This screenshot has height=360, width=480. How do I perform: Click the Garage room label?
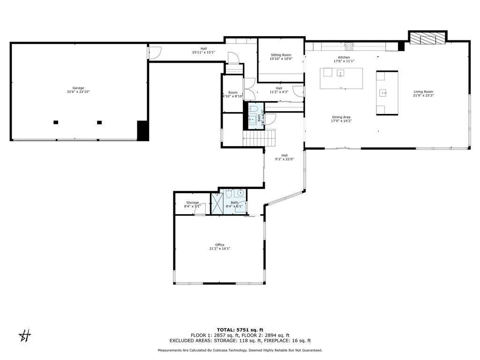(x=78, y=88)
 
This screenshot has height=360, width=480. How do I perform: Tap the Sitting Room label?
(x=281, y=55)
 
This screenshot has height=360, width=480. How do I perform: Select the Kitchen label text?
(x=345, y=57)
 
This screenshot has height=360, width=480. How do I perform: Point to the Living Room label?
(x=423, y=92)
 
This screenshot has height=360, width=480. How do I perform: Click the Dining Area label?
(x=341, y=117)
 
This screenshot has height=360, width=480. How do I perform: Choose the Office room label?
(x=219, y=245)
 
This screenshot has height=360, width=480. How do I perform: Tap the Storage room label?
(x=192, y=202)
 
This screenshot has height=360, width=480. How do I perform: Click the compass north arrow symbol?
(x=24, y=335)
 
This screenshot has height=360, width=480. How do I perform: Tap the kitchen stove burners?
(x=349, y=46)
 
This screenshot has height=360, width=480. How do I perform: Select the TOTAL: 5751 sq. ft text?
(x=240, y=330)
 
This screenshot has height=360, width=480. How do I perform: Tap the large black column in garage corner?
(x=142, y=130)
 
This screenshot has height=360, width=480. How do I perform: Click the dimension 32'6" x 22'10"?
(x=78, y=92)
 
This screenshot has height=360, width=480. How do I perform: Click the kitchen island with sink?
(x=341, y=78)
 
